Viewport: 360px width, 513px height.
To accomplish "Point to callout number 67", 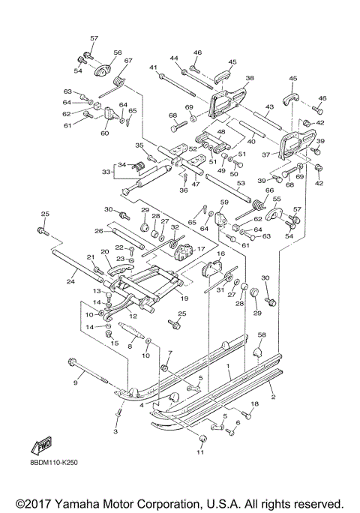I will point(127,61).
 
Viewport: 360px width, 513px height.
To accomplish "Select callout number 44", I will point(174,58).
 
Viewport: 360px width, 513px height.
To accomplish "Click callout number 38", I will point(250,77).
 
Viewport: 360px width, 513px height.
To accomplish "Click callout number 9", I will point(75,382).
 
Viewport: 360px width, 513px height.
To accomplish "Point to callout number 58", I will point(262,335).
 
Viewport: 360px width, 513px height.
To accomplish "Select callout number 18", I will point(254,405).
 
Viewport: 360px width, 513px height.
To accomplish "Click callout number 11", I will point(199,453).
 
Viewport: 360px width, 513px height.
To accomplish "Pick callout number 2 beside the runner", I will point(273,395).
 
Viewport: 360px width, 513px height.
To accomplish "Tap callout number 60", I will point(104,133).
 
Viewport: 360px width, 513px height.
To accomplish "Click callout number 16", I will point(220,255).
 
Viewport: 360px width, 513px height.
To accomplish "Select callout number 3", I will point(115,432).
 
